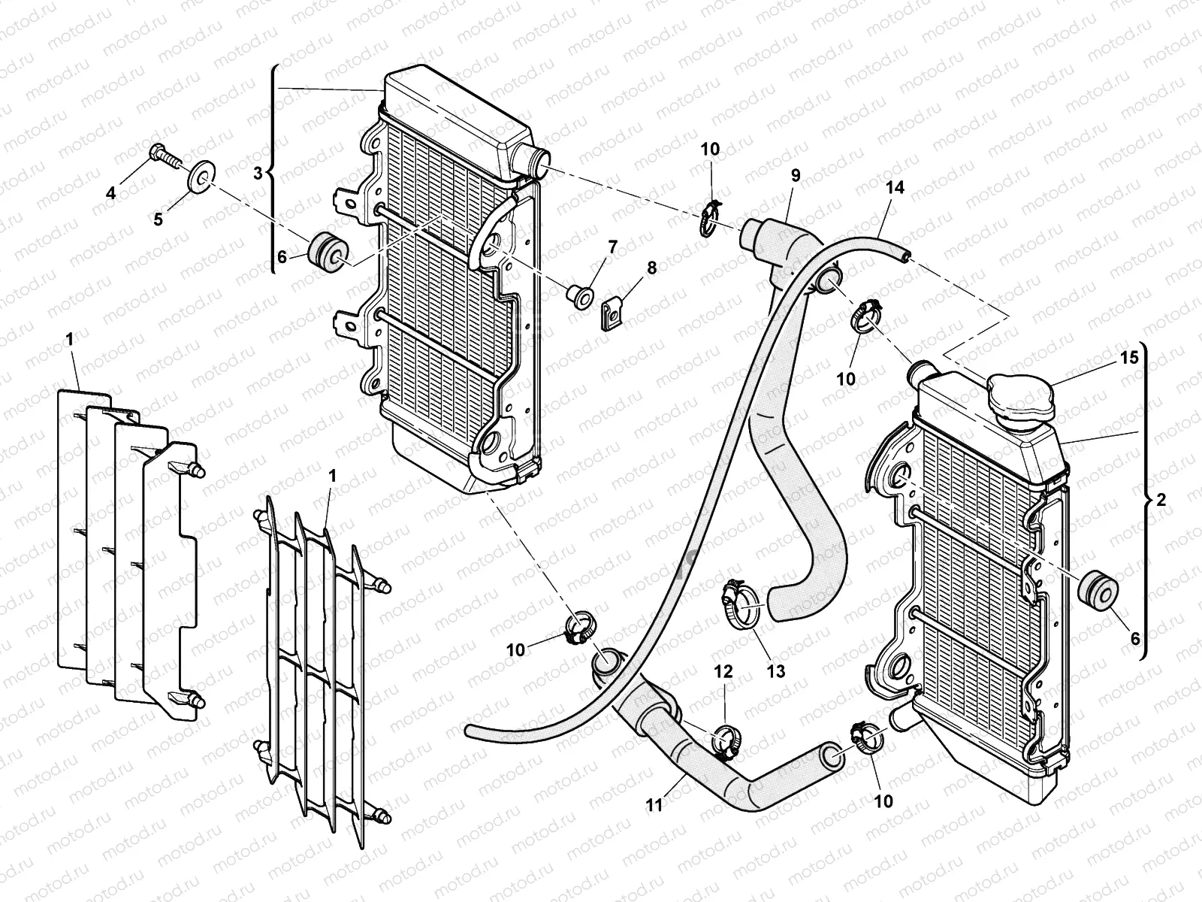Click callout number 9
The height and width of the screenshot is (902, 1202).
coord(795,174)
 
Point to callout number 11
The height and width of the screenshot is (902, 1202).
coord(654,806)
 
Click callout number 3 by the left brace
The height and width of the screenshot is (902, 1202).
coord(258,172)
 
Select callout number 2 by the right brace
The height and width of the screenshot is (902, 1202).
coord(1161,500)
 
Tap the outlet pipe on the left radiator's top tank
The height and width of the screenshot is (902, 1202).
coord(537,162)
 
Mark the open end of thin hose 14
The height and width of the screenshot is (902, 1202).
coord(906,258)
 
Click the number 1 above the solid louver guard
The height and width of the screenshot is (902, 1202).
coord(70,340)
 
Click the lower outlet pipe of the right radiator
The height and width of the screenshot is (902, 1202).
coord(898,719)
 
